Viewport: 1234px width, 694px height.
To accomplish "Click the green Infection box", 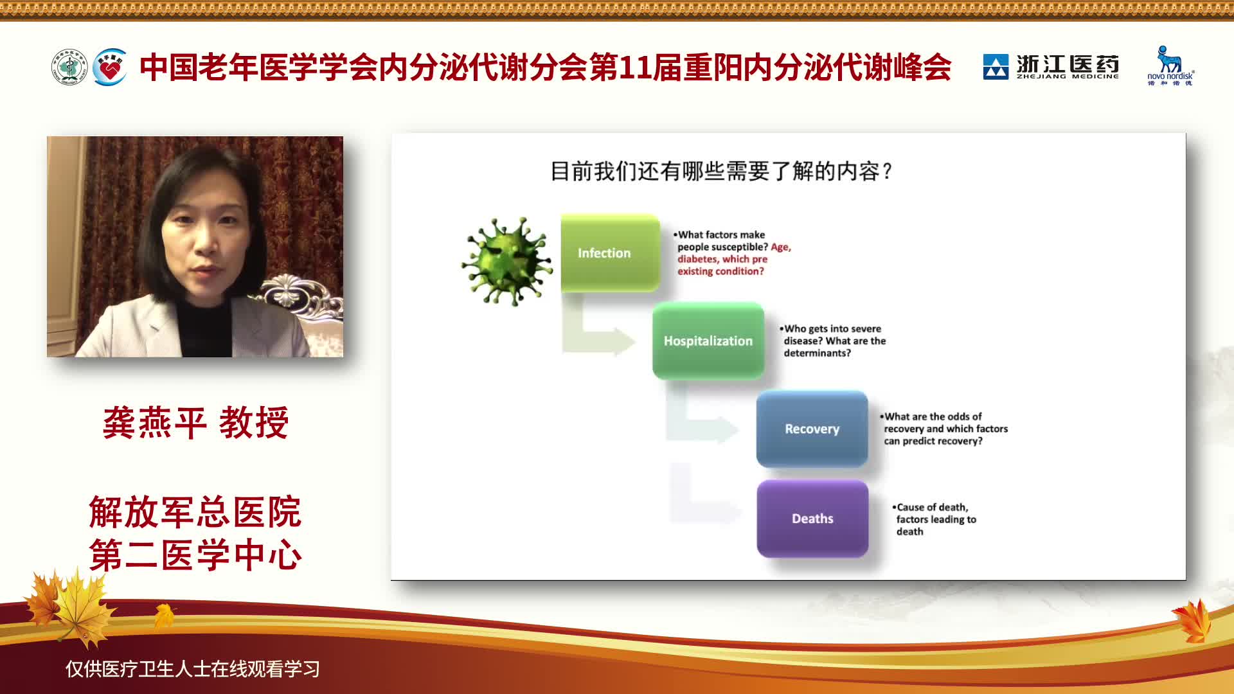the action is coord(610,253).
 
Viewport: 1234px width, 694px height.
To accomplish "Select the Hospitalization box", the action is coord(708,341).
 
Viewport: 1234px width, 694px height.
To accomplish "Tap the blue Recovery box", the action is coord(812,429).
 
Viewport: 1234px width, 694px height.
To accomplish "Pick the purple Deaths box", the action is coord(813,519).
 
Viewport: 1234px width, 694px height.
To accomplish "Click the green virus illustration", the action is coord(507,261).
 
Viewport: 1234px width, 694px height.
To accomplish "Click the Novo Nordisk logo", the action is coord(1170,66).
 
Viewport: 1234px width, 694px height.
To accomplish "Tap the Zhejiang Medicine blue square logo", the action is coord(996,67).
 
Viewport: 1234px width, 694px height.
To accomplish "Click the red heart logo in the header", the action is coord(110,67).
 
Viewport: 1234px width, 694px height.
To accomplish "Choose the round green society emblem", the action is coord(69,67).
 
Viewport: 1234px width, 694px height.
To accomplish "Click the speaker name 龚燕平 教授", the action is coord(195,423).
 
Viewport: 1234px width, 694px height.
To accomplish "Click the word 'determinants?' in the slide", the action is coord(817,353).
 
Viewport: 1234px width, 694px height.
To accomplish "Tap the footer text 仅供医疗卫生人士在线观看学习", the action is coord(193,669).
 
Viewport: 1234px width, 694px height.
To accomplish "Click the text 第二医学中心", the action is coord(195,555).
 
